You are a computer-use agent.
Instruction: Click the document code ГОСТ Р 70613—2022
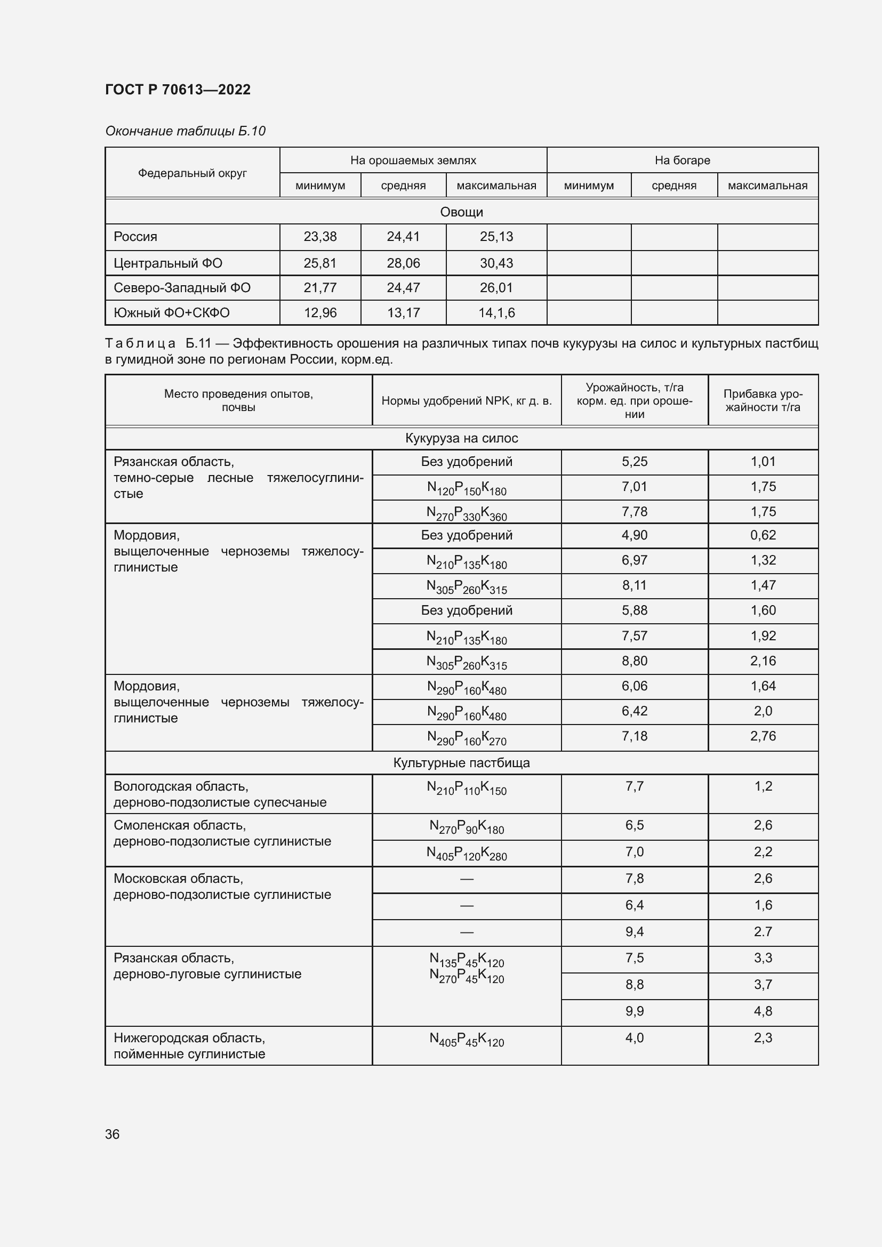pos(178,90)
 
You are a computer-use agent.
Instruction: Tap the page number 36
pos(112,1134)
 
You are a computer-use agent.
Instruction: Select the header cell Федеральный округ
pos(193,173)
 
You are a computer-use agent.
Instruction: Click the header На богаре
pos(682,160)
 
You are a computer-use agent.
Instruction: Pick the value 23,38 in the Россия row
pos(320,237)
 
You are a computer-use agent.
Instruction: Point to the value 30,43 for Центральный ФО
pos(496,263)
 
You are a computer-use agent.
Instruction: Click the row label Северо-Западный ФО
pos(182,288)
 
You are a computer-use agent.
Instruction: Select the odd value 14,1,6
pos(496,313)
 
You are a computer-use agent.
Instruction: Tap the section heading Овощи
pos(461,212)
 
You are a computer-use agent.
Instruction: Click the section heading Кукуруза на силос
pos(461,438)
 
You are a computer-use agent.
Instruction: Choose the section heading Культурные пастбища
pos(461,763)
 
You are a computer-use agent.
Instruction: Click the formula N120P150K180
pos(467,488)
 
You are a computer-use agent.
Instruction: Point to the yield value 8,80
pos(634,661)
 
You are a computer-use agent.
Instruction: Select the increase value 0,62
pos(763,535)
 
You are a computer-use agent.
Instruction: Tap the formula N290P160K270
pos(467,737)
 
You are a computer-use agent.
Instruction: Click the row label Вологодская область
pos(181,786)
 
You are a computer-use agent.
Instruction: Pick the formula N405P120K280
pos(467,853)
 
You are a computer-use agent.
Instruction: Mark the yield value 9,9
pos(634,1011)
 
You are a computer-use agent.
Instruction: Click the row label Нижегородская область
pos(189,1038)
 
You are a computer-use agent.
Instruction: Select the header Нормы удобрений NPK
pos(467,401)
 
